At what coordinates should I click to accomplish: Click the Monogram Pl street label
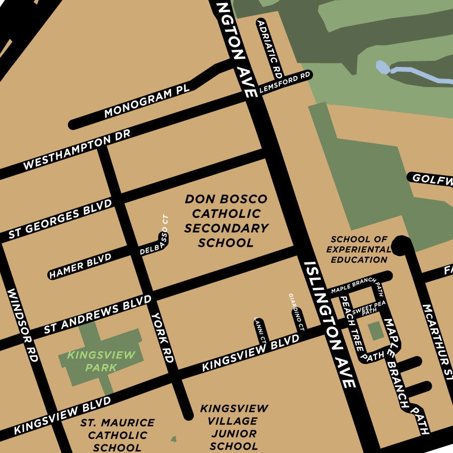(x=146, y=102)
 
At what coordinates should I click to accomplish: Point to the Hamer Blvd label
(x=81, y=265)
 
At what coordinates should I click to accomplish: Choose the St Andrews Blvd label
(x=97, y=314)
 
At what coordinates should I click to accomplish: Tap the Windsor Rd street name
(x=23, y=325)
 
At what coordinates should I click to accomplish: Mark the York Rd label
(x=163, y=337)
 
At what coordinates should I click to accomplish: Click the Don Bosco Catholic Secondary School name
(x=226, y=221)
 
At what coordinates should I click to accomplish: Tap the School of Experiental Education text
(x=359, y=250)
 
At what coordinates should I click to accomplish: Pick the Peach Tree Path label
(x=354, y=328)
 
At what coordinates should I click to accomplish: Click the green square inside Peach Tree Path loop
(x=375, y=331)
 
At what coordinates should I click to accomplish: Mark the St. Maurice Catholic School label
(x=118, y=435)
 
